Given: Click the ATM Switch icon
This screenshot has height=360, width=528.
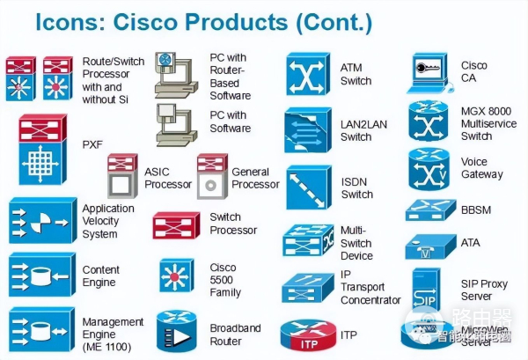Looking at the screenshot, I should click(307, 74).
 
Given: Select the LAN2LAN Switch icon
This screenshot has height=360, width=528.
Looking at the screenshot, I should click(306, 129).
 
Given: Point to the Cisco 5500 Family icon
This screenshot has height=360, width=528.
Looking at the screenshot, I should click(177, 275).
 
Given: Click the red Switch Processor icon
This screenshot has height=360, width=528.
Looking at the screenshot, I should click(176, 224).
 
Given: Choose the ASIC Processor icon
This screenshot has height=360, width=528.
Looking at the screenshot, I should click(122, 176).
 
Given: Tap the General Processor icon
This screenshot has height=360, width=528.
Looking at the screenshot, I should click(212, 176).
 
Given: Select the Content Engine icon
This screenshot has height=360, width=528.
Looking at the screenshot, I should click(40, 275).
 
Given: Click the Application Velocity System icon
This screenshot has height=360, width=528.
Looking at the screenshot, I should click(40, 221).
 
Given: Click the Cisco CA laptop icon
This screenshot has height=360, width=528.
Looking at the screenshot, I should click(431, 72).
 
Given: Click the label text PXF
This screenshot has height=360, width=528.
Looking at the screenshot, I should click(92, 144).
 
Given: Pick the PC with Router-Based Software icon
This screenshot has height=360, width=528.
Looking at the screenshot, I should click(177, 74).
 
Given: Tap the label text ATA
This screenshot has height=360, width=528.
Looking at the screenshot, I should click(471, 241).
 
